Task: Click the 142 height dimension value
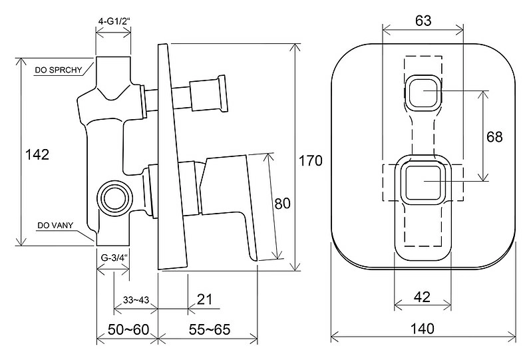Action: point(37,154)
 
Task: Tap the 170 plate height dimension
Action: point(310,160)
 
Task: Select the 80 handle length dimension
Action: point(282,204)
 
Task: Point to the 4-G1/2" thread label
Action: point(114,21)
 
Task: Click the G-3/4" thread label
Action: point(114,258)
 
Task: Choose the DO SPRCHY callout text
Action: point(59,70)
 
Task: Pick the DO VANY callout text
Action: point(55,225)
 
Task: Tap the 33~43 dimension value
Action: point(136,299)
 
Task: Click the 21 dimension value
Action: point(204,299)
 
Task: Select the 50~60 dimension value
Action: point(128,329)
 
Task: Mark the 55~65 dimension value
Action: point(210,329)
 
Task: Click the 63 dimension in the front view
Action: point(423,21)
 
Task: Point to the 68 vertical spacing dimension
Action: point(494,137)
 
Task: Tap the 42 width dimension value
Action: point(422,297)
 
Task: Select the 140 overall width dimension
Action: point(423,329)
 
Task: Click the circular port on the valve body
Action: point(114,198)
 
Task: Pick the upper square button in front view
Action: point(423,92)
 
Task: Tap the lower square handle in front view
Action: point(423,182)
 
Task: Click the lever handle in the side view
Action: point(230,203)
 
